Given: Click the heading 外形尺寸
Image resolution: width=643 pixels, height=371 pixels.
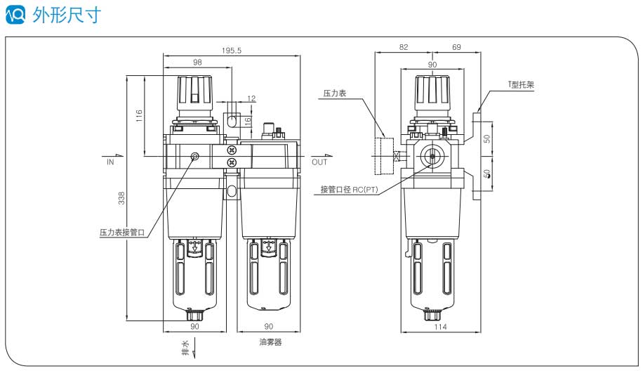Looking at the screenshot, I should pyautogui.click(x=72, y=15).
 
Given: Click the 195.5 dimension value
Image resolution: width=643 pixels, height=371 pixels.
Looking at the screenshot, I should pyautogui.click(x=232, y=51).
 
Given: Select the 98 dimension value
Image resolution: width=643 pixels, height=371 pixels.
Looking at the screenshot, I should pyautogui.click(x=197, y=63).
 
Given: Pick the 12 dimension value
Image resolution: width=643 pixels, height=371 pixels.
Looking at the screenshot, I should pyautogui.click(x=251, y=98).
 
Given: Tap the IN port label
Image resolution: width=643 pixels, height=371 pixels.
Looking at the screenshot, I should pyautogui.click(x=110, y=162).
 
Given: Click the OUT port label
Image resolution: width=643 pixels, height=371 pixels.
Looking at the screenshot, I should pyautogui.click(x=319, y=162).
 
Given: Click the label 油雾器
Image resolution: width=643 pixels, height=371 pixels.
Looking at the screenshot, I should pyautogui.click(x=270, y=343).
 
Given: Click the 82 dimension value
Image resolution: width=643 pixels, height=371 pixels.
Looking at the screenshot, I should pyautogui.click(x=403, y=47).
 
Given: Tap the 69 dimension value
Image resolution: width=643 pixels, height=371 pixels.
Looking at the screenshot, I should pyautogui.click(x=456, y=47).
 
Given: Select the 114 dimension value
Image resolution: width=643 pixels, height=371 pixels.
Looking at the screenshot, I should pyautogui.click(x=440, y=327).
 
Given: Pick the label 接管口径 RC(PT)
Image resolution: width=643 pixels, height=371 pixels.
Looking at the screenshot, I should pyautogui.click(x=349, y=189).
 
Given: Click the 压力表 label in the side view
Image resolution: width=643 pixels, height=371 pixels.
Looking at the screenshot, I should pyautogui.click(x=335, y=93).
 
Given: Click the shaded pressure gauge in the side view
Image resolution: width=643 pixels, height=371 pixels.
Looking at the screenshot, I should pyautogui.click(x=383, y=156).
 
